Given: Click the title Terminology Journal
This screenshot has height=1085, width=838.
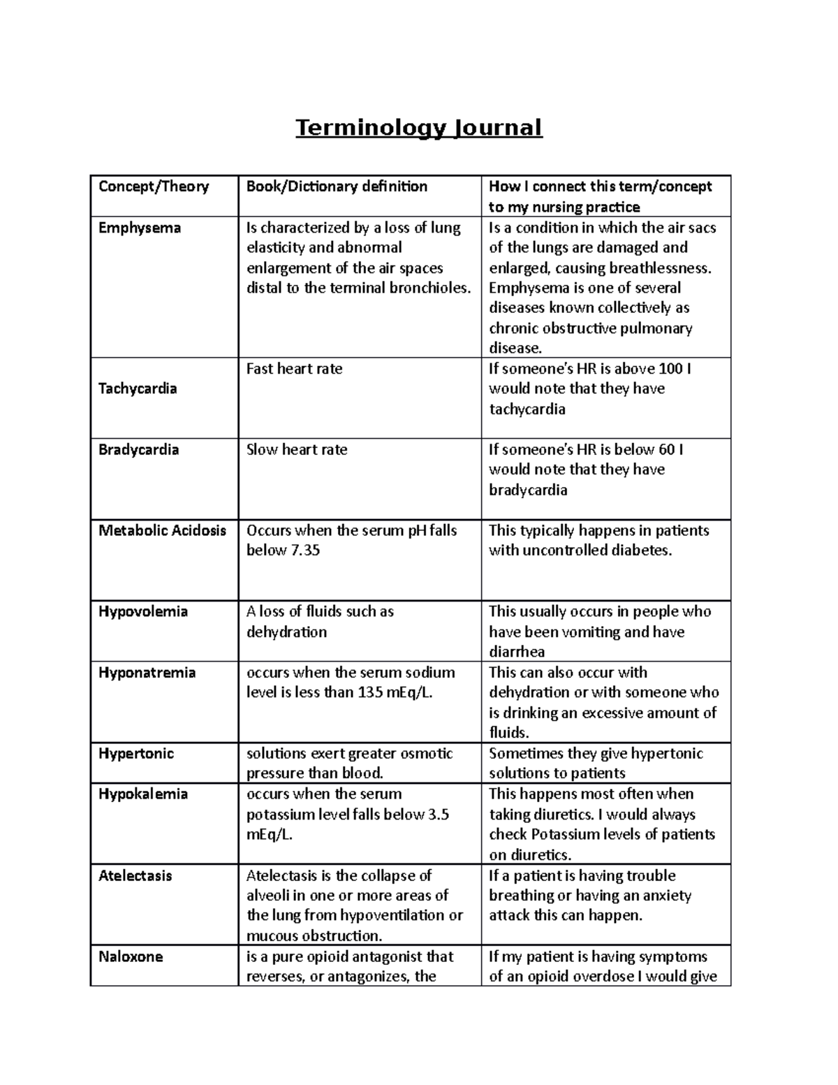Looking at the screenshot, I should click(419, 129).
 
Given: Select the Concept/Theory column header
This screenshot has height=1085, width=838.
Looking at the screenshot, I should click(154, 187).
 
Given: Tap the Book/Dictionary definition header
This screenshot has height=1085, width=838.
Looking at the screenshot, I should click(337, 187).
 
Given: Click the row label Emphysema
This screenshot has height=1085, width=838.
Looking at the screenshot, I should click(140, 228).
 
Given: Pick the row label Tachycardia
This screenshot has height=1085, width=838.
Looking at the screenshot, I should click(138, 388).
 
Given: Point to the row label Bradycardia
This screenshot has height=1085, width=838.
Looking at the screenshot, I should click(138, 450).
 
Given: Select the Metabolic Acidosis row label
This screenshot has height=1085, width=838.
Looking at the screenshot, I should click(162, 530).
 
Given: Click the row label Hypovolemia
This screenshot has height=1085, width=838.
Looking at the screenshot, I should click(143, 612).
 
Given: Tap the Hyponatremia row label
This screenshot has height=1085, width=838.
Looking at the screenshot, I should click(147, 673).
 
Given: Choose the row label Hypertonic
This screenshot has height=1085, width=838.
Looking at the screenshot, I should click(136, 754).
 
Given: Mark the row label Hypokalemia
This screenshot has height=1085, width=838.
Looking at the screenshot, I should click(143, 794).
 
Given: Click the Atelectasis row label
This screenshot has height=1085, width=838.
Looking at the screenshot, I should click(135, 876).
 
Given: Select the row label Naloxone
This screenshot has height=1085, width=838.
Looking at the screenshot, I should click(131, 957).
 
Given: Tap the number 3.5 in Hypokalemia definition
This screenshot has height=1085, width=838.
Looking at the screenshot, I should click(436, 815).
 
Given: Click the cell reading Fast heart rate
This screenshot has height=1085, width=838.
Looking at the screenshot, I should click(294, 369).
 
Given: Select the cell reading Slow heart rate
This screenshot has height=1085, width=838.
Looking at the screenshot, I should click(297, 450).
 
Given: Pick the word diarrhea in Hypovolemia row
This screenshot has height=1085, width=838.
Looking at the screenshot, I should click(517, 652).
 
